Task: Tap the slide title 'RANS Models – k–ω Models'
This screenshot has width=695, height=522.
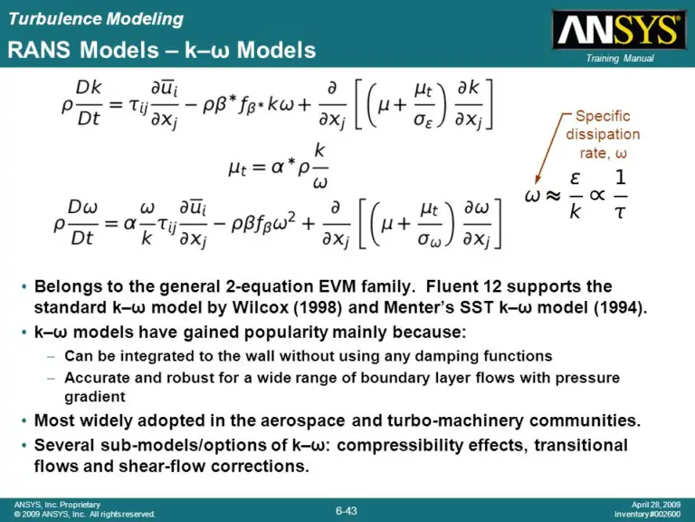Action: point(162,50)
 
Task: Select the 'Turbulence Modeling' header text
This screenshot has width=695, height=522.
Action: point(95,19)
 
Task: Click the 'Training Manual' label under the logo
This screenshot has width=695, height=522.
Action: point(620,59)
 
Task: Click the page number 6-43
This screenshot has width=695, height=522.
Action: point(347,510)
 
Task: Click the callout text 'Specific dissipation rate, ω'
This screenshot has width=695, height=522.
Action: point(603,135)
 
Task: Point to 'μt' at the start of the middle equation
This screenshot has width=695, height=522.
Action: point(238,169)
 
